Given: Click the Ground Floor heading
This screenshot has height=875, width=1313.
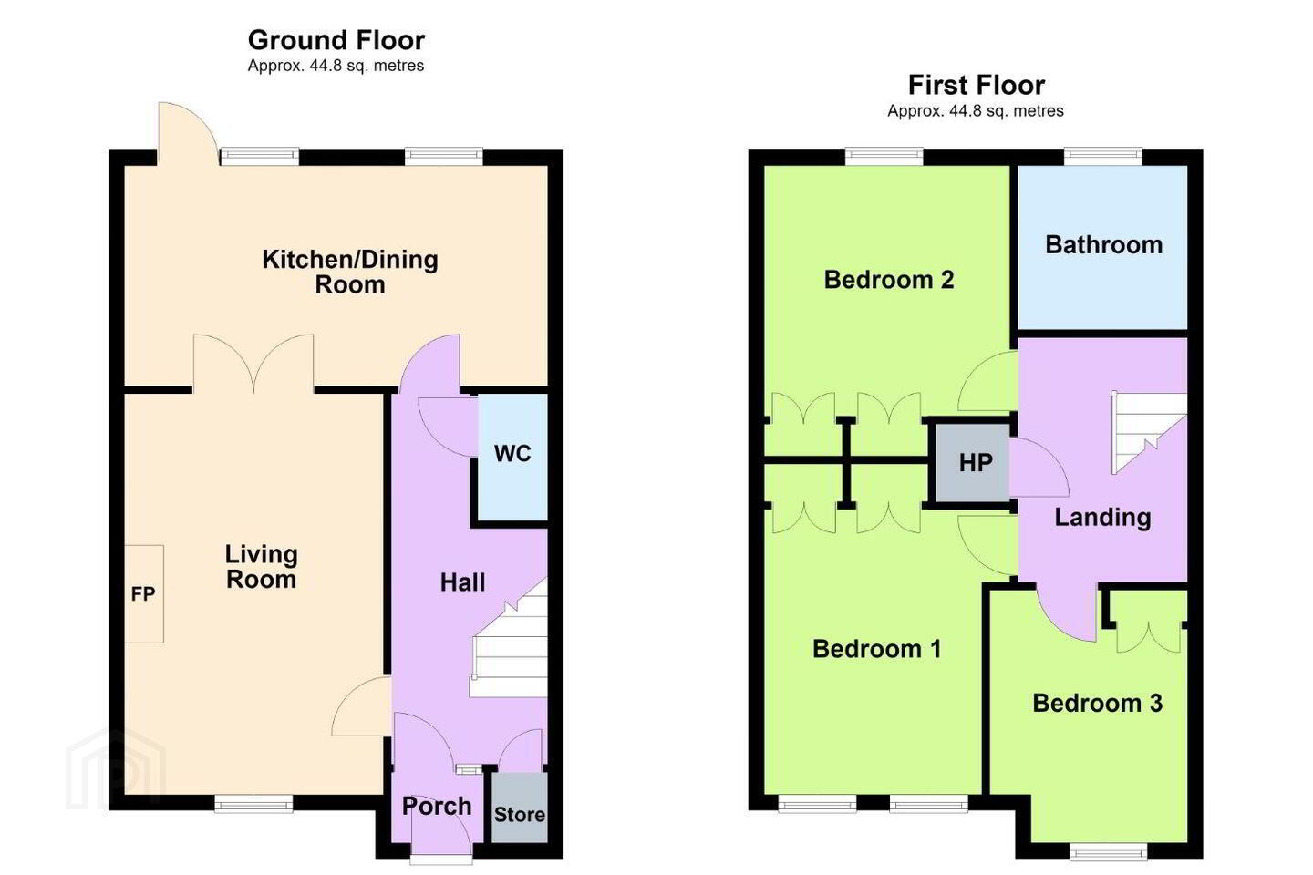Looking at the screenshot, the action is pos(336,40).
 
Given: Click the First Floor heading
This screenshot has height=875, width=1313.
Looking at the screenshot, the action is pos(976,86).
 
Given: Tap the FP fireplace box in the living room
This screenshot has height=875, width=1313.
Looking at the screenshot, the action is pos(144,594).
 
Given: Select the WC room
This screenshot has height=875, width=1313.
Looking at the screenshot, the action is pos(512,457).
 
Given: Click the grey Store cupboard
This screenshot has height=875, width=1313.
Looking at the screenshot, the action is pos(519,808).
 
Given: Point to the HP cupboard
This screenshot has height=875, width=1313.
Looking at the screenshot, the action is pos(972,463).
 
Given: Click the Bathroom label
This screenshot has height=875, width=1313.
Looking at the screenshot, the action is pos(1103,245).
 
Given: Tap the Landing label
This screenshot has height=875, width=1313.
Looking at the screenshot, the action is pos(1102,518).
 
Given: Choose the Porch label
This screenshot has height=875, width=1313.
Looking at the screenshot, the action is pos(437,807).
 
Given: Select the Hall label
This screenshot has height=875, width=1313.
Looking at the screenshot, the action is pos(462,582).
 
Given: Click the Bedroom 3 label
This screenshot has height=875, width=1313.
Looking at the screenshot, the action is pos(1097,704).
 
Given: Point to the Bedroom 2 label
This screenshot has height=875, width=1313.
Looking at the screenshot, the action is pos(889,280).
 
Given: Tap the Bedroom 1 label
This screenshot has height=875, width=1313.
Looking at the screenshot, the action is pos(877,649).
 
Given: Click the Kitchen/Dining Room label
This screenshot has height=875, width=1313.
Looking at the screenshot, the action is pos(350,272).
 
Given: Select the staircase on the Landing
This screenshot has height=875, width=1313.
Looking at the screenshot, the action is pos(1149,433).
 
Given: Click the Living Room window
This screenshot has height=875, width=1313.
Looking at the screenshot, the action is pos(253,804).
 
